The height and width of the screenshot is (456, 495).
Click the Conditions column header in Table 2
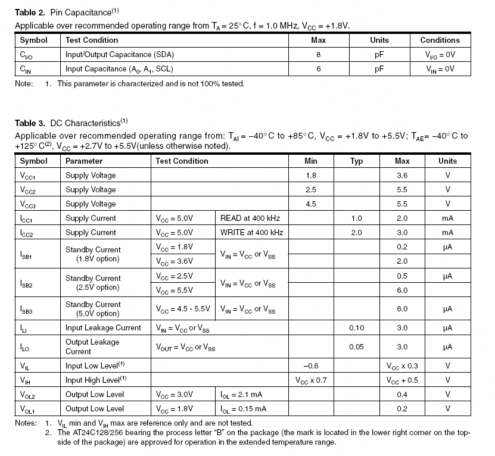(440, 40)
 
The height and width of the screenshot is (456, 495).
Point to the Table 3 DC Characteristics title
(71, 123)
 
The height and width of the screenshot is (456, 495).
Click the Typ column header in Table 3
(356, 161)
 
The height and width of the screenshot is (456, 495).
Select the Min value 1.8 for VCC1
(310, 176)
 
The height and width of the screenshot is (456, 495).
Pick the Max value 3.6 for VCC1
(402, 176)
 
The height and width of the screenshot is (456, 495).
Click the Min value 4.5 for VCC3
(310, 204)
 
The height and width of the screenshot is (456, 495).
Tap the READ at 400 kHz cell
(251, 218)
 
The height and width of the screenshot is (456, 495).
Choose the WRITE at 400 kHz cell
(251, 233)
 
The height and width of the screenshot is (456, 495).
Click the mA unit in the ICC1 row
(447, 218)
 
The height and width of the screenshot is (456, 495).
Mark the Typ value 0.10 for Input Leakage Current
(356, 328)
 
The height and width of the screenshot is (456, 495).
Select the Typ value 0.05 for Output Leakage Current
(356, 346)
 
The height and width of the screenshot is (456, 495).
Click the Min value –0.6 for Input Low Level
(310, 366)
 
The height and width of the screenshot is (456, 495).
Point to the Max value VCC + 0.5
(402, 380)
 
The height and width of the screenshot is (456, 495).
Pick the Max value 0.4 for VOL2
(402, 395)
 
